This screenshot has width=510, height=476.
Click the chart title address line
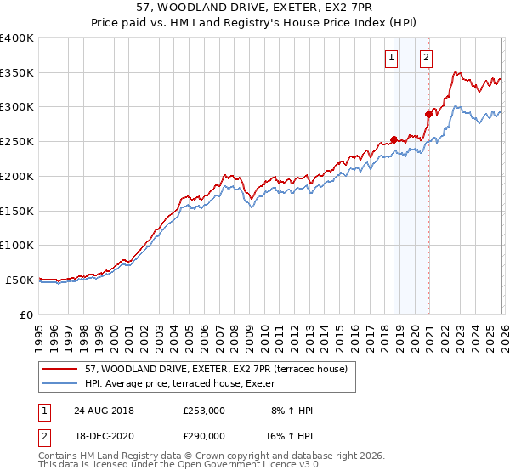pos(254,7)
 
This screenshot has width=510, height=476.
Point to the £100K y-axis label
pos(17,245)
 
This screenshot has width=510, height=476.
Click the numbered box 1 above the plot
pos(391,58)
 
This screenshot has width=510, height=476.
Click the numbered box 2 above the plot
pos(426,58)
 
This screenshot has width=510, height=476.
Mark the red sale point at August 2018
pos(394,139)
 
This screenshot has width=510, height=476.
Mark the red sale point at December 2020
pos(428,114)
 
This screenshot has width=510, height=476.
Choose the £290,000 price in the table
pos(203,435)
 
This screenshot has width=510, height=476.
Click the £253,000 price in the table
pos(203,411)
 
